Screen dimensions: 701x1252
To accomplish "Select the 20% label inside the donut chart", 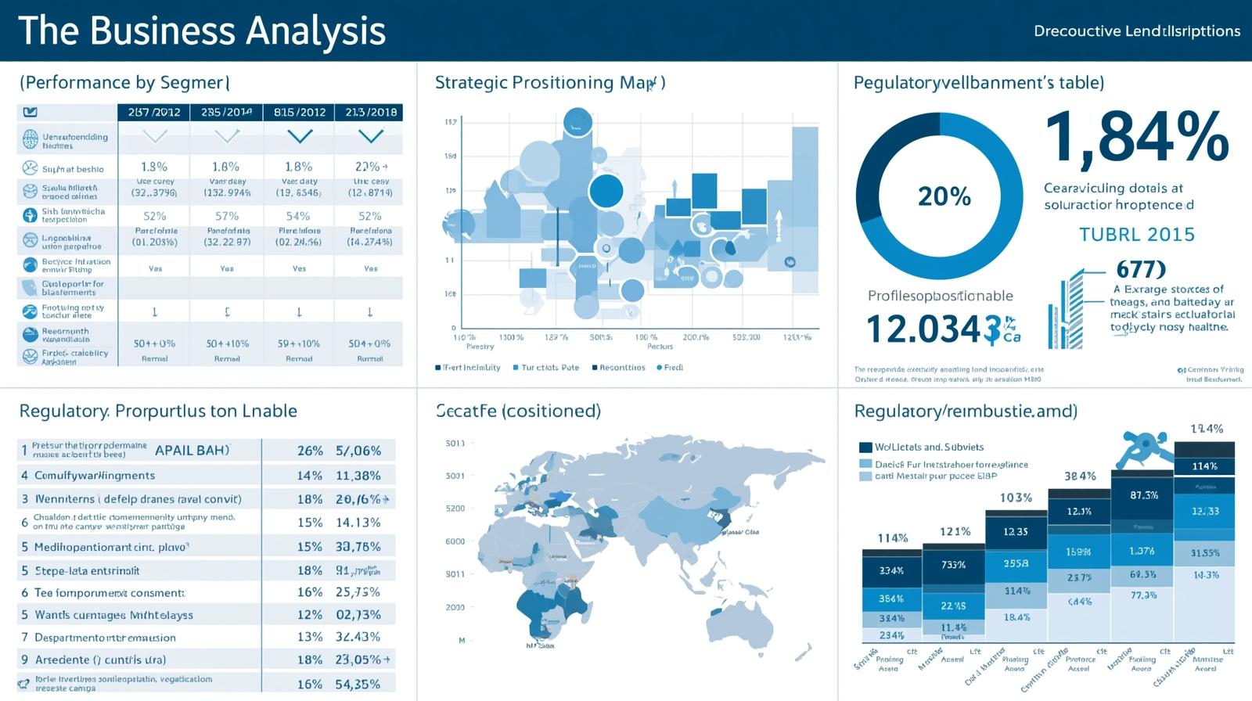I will pyautogui.click(x=944, y=196).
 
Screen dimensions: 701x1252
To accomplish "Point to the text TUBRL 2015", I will pyautogui.click(x=1136, y=235).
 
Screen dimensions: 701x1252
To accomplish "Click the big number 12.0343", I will pyautogui.click(x=923, y=329).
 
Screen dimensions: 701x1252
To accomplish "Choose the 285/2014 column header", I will pyautogui.click(x=227, y=112).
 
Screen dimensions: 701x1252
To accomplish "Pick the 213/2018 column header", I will pyautogui.click(x=370, y=112).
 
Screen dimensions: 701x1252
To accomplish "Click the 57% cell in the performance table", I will pyautogui.click(x=227, y=216).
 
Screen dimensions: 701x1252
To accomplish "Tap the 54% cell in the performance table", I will pyautogui.click(x=298, y=216).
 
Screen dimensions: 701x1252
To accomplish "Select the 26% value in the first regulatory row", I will pyautogui.click(x=310, y=451).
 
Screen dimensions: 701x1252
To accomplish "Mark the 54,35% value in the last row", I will pyautogui.click(x=358, y=684).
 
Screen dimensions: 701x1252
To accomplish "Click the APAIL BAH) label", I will pyautogui.click(x=192, y=451).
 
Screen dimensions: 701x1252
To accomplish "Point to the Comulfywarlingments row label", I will pyautogui.click(x=95, y=476).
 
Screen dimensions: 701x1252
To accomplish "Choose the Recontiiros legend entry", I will pyautogui.click(x=622, y=367).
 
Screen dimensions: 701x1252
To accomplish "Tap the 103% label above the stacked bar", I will pyautogui.click(x=1016, y=498).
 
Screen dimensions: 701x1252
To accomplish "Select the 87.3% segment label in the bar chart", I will pyautogui.click(x=1144, y=495).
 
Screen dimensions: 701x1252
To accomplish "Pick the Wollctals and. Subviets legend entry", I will pyautogui.click(x=929, y=448).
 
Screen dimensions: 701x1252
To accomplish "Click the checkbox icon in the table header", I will pyautogui.click(x=31, y=112).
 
